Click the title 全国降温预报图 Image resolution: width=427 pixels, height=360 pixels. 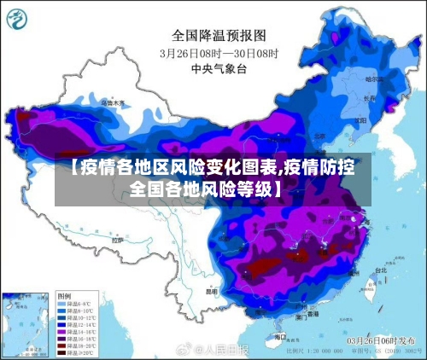(219, 36)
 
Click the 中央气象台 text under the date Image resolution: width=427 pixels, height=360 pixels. (219, 67)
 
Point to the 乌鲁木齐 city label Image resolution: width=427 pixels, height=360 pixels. (113, 102)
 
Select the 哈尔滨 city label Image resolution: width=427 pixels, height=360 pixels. (375, 78)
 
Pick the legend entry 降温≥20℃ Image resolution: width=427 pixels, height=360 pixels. (75, 352)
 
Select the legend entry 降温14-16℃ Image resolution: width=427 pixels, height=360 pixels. (75, 331)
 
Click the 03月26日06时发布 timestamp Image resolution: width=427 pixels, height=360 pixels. (377, 340)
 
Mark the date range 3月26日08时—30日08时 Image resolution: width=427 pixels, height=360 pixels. (219, 52)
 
